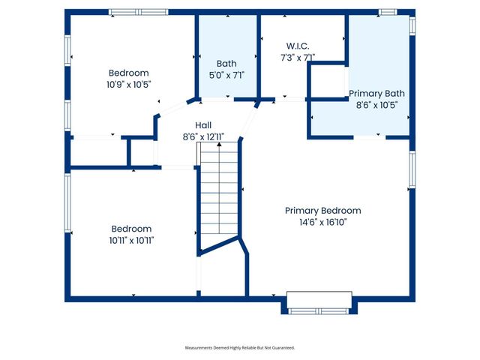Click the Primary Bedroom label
(322, 211)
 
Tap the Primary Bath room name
(376, 94)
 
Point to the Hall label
(204, 125)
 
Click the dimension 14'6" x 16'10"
(322, 222)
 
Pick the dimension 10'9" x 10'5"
(129, 84)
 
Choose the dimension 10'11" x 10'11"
(131, 240)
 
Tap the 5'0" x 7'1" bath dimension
(226, 75)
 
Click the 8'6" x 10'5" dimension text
(376, 105)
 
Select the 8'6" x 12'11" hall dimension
(204, 137)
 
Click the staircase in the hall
(218, 195)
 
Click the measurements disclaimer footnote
(240, 348)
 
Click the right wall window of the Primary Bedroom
(412, 169)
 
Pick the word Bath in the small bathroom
(226, 64)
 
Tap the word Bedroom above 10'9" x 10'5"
(129, 73)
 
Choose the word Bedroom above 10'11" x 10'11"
(131, 229)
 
